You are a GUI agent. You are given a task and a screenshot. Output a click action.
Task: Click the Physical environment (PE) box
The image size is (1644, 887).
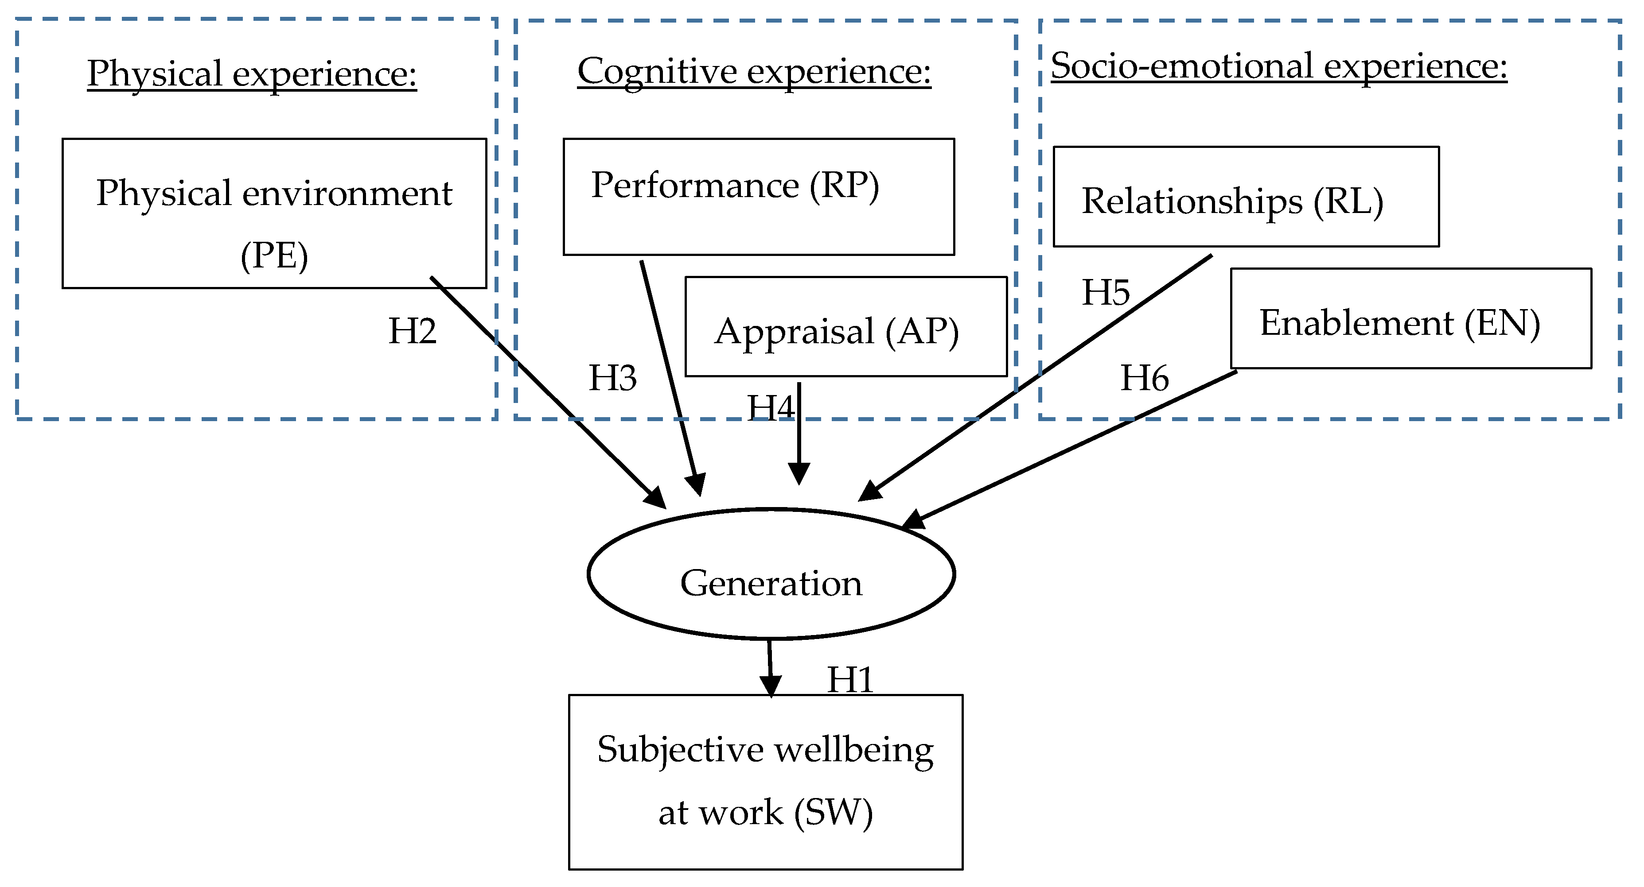pyautogui.click(x=274, y=213)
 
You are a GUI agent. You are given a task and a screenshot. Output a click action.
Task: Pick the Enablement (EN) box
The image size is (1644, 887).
pyautogui.click(x=1410, y=318)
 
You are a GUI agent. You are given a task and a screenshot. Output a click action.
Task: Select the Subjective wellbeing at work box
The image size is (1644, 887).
pyautogui.click(x=765, y=782)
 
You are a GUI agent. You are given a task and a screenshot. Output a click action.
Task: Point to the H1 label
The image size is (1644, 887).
pyautogui.click(x=849, y=680)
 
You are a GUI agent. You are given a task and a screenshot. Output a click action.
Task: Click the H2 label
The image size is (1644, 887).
pyautogui.click(x=412, y=331)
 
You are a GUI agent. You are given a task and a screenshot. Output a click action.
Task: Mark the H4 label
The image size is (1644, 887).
pyautogui.click(x=769, y=408)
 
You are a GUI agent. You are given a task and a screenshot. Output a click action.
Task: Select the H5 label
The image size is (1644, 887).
pyautogui.click(x=1105, y=293)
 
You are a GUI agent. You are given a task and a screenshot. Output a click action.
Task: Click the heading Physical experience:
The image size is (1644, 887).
pyautogui.click(x=252, y=74)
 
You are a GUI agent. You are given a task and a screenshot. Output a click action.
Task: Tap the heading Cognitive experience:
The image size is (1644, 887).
pyautogui.click(x=754, y=71)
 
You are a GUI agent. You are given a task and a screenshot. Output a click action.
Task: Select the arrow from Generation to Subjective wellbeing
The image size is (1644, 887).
pyautogui.click(x=770, y=666)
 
